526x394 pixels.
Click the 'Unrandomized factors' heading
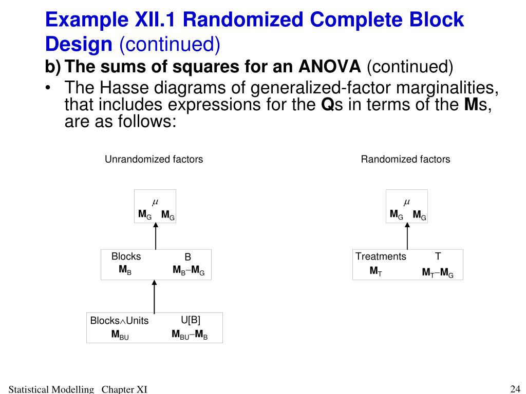click(154, 159)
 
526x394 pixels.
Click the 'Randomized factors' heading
click(405, 159)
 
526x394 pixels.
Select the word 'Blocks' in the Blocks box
click(126, 257)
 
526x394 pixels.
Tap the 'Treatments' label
click(381, 257)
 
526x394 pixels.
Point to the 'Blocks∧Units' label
click(119, 321)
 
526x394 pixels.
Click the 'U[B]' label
click(190, 320)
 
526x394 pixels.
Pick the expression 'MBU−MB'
click(190, 335)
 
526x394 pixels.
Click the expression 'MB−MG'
click(189, 270)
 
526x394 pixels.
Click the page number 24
click(515, 388)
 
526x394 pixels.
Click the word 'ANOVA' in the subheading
click(330, 66)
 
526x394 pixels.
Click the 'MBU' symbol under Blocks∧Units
click(120, 335)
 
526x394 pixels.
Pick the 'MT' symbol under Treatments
click(375, 271)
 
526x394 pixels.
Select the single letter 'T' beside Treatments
click(438, 256)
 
